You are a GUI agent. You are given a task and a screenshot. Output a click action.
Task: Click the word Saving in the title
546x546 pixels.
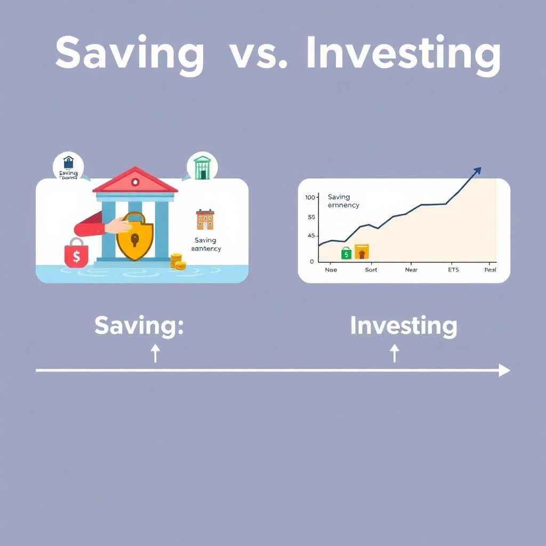coord(130,54)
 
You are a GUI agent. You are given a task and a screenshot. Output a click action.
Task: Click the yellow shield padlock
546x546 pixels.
coord(134,237)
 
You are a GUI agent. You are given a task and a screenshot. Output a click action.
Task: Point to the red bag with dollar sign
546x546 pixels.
coord(76,253)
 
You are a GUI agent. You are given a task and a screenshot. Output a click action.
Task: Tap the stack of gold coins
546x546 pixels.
coord(178,261)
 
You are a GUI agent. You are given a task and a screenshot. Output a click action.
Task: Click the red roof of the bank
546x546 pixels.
coord(135,180)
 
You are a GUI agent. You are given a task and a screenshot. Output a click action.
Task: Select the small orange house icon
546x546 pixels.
coord(205,219)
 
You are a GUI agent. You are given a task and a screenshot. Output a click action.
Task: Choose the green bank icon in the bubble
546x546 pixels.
coord(202,167)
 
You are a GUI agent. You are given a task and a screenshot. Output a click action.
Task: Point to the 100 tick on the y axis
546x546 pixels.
coord(311,198)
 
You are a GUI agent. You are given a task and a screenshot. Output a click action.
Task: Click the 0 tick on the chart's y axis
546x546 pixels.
coord(312,261)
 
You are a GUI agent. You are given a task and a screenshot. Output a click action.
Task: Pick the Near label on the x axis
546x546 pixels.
coord(411,270)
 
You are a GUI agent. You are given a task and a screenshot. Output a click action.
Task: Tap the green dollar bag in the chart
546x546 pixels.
coord(346,253)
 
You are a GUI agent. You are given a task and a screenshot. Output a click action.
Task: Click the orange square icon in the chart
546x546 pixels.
coord(362,252)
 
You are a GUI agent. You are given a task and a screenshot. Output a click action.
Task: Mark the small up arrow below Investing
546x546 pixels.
coord(395,352)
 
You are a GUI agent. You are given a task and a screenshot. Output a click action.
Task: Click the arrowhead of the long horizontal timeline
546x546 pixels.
coord(504,370)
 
